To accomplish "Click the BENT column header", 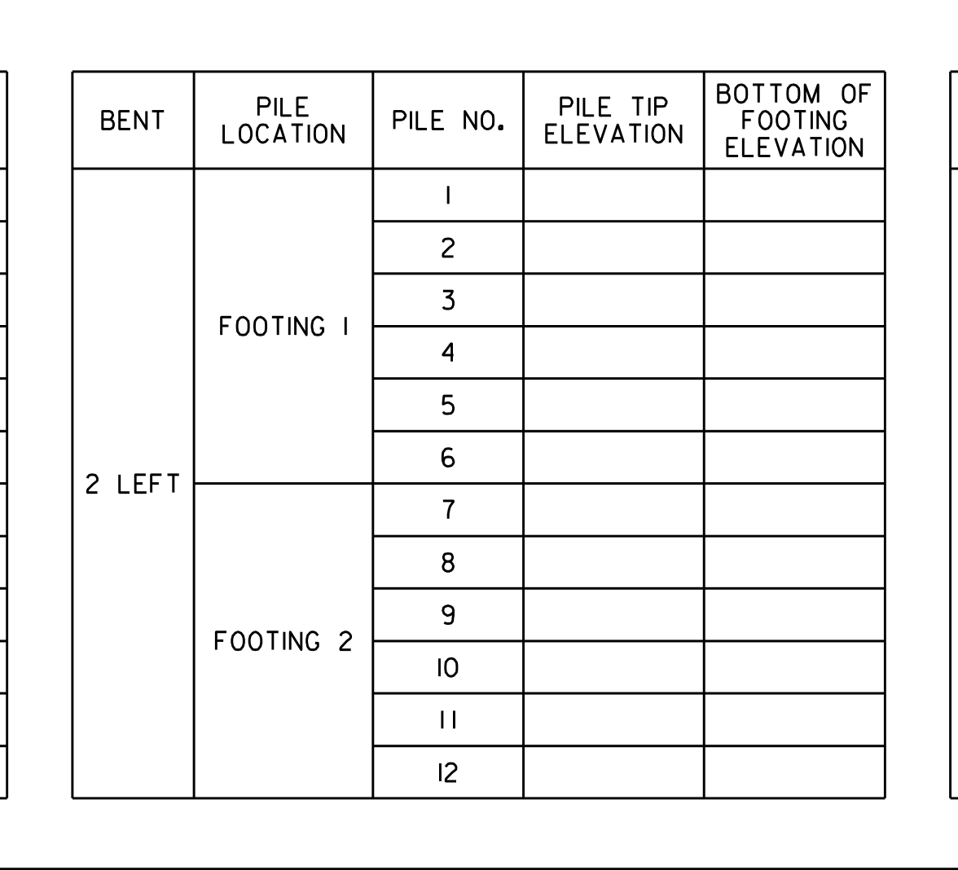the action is (x=133, y=121).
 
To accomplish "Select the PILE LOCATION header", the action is (x=283, y=121).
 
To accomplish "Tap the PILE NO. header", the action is (x=448, y=121).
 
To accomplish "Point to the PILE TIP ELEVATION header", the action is (x=613, y=121).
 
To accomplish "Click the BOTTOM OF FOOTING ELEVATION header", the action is (x=793, y=121).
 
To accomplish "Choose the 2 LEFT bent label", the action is (x=133, y=484).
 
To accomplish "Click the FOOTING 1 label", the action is (x=283, y=326).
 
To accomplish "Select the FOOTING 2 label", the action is (x=283, y=641).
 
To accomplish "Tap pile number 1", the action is (x=448, y=196).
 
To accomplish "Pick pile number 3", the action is (x=448, y=300).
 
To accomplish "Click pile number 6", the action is (x=448, y=458).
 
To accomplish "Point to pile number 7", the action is (x=448, y=510).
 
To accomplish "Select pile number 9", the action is (x=448, y=614).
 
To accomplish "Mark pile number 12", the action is (x=448, y=772).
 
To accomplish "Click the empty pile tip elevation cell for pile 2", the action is (x=613, y=248).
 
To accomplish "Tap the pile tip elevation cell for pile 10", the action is (x=613, y=667).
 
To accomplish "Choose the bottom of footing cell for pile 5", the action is (x=794, y=405).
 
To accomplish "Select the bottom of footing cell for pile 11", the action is (x=794, y=720).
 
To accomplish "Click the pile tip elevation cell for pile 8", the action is (x=613, y=562).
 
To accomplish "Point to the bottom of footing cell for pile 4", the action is (x=794, y=353).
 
